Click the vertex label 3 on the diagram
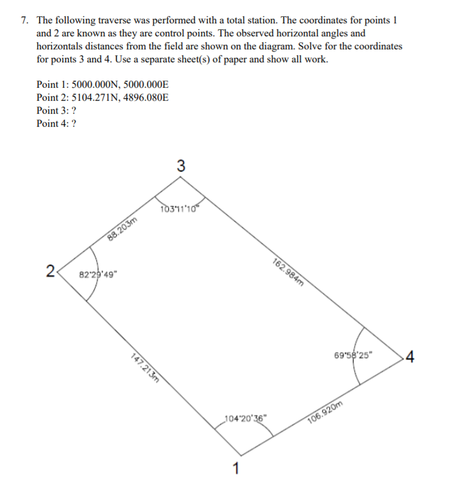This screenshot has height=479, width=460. (x=181, y=166)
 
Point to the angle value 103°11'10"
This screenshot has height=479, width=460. (x=181, y=209)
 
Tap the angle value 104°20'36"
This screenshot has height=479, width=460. (x=245, y=419)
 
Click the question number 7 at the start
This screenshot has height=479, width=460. (x=23, y=20)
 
